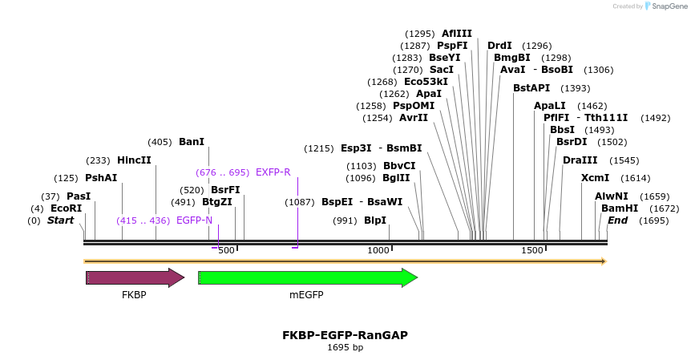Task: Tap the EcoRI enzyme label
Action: pos(67,208)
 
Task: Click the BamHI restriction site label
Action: pos(620,208)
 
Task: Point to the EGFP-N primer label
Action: pos(195,220)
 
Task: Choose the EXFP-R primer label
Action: pos(273,172)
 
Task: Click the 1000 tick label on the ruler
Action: pos(378,251)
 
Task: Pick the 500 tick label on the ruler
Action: pos(226,251)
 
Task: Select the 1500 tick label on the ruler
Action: pos(532,251)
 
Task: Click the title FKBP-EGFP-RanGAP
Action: pos(345,334)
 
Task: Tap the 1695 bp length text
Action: pos(345,347)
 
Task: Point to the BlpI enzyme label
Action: pos(375,220)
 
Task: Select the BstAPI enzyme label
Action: pos(531,88)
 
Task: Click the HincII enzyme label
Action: pos(134,160)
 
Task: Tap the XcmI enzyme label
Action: pos(595,178)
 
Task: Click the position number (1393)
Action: pos(576,88)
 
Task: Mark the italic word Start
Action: pos(60,220)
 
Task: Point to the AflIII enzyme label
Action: pos(457,34)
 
